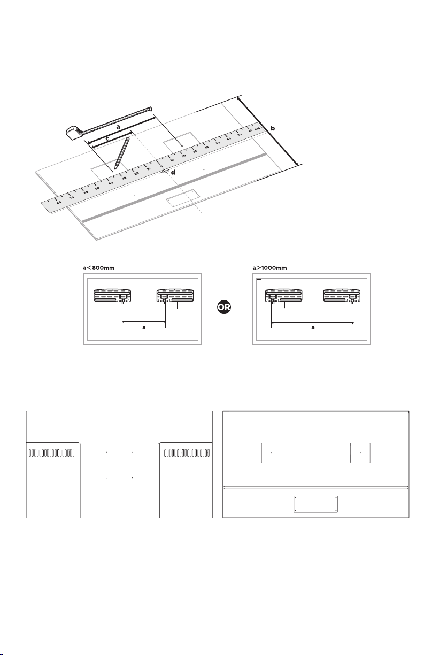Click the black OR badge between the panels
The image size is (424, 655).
point(224,307)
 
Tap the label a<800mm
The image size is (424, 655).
point(98,268)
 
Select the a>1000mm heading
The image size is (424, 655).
point(269,268)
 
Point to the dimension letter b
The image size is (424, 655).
point(273,128)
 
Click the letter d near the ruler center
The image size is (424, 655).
point(173,173)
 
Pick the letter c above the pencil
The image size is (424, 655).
point(107,138)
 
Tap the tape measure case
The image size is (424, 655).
point(74,132)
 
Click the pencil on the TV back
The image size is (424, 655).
point(122,153)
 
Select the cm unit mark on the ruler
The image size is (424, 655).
point(257,129)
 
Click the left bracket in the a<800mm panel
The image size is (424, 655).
point(112,296)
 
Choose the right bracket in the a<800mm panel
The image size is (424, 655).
point(175,296)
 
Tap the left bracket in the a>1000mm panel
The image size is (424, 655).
point(283,296)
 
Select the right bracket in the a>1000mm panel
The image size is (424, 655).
point(342,296)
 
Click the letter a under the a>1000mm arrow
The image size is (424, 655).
point(313,327)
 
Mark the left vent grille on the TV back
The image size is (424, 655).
point(52,453)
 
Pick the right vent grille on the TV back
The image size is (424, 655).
point(187,453)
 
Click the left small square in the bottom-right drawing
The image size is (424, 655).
point(272,453)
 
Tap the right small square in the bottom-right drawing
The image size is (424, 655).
point(360,453)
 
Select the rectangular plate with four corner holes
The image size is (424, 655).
point(316,504)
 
